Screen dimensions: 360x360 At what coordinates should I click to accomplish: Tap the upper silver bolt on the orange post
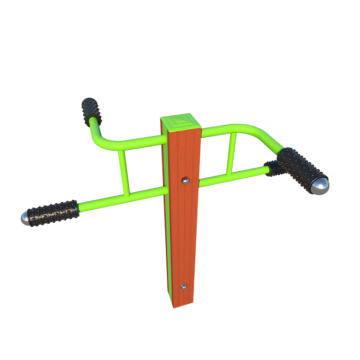184,181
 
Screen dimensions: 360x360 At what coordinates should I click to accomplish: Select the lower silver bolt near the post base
183,286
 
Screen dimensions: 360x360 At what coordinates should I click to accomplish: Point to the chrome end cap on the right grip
320,186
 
